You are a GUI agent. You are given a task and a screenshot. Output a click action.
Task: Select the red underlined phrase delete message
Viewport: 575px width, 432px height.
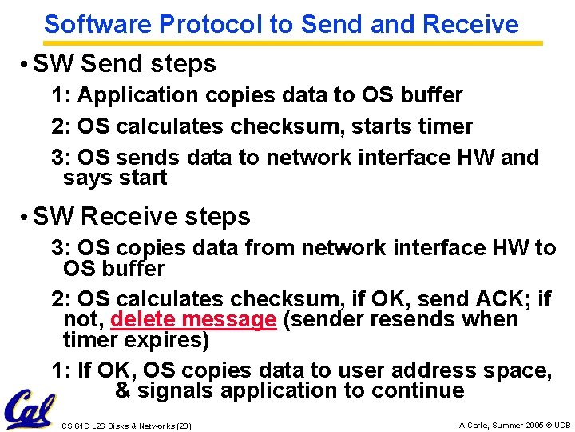point(193,320)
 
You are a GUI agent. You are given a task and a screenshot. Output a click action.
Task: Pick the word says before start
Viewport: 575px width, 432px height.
point(87,178)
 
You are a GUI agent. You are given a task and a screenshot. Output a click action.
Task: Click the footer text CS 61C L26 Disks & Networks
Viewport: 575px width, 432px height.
point(126,426)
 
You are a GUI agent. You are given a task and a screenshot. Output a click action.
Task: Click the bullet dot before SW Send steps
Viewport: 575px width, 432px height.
point(26,64)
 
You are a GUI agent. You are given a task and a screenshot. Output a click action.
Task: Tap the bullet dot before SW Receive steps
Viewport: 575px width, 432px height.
point(26,217)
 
